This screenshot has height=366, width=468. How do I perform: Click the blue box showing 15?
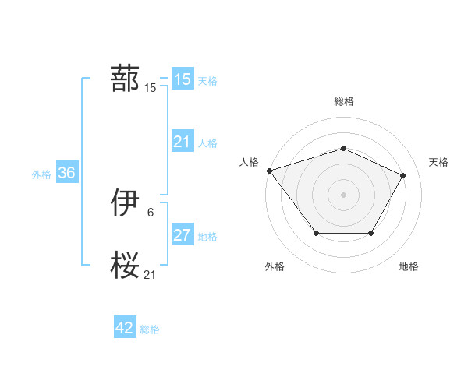[x=183, y=79]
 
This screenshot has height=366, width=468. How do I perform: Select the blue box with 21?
[x=183, y=142]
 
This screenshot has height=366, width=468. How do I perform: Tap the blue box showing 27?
[x=183, y=235]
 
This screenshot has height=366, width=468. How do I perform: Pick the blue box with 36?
[x=66, y=173]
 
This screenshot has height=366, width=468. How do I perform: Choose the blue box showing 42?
[x=125, y=328]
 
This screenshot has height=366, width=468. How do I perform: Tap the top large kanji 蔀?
[x=125, y=79]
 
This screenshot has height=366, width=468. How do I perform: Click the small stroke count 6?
[x=151, y=212]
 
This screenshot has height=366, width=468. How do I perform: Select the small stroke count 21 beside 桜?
[x=151, y=274]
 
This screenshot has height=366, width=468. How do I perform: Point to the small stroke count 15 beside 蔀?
[x=151, y=88]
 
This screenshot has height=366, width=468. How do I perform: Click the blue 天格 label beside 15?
[x=207, y=80]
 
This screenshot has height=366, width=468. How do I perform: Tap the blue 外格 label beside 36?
[x=41, y=174]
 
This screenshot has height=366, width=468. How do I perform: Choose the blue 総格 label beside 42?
[x=150, y=329]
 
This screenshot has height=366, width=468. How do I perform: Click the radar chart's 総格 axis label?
[x=343, y=101]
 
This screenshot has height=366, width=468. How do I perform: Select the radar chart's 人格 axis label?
[x=249, y=162]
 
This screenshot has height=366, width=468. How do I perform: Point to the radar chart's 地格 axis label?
[x=409, y=266]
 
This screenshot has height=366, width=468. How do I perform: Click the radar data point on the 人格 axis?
[x=269, y=171]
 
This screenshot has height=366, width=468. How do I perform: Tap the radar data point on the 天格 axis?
[x=403, y=175]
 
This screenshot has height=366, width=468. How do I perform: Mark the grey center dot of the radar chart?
[x=343, y=194]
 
